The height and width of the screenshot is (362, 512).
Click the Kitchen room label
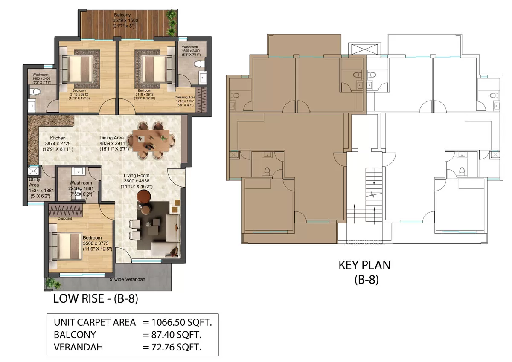58,138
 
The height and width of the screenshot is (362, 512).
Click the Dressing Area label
185,97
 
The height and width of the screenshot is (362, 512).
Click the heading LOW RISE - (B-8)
95,299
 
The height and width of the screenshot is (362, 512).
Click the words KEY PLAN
364,265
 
